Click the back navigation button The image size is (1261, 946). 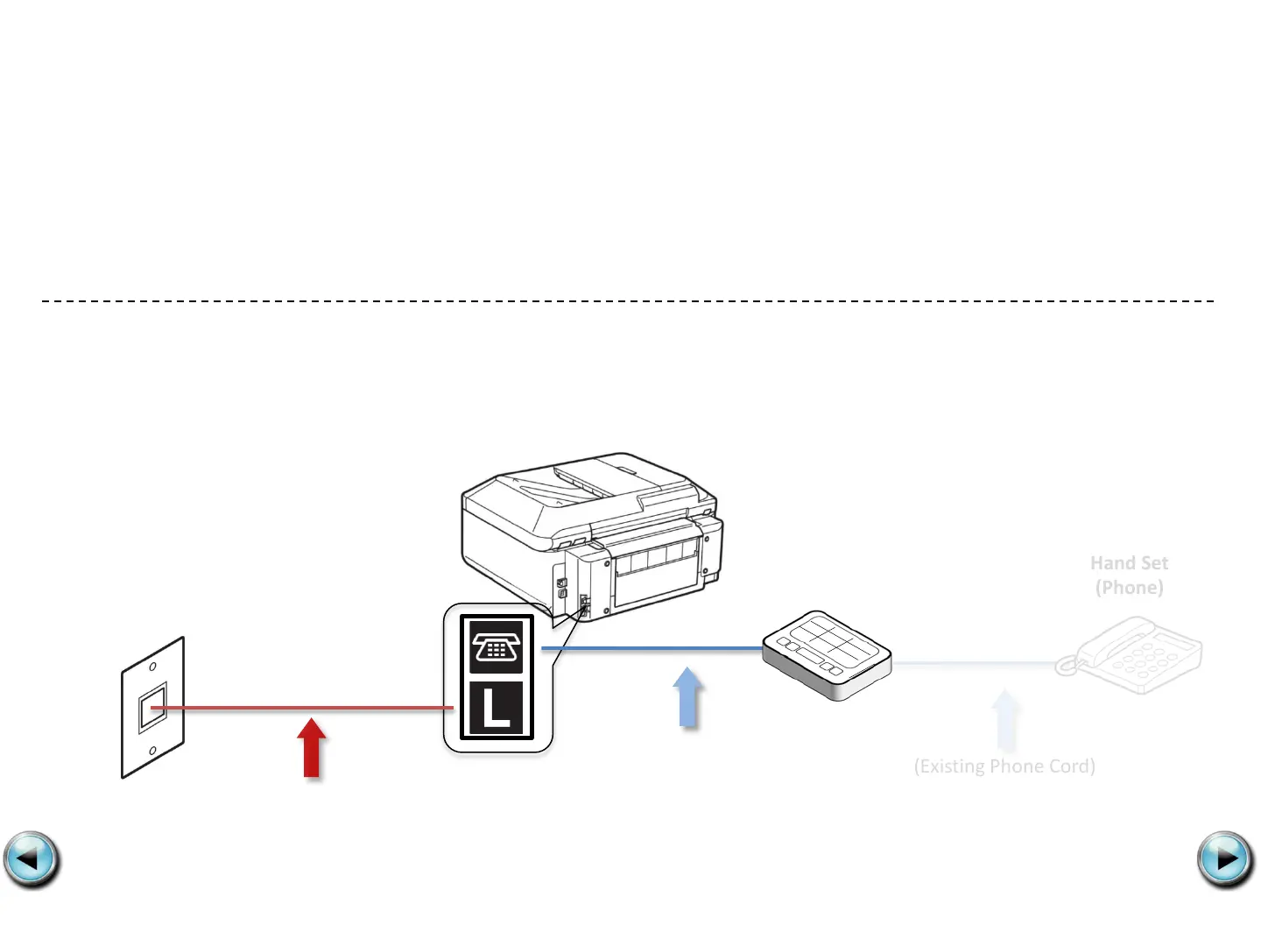point(32,859)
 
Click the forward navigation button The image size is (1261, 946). point(1225,859)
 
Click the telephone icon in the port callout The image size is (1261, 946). point(497,647)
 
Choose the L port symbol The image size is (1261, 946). point(497,708)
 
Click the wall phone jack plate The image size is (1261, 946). point(153,708)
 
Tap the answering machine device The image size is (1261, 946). point(826,654)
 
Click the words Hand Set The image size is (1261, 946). point(1129,563)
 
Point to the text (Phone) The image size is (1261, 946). point(1129,588)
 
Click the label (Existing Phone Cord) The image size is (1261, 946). point(1004,766)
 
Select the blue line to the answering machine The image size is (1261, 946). point(652,649)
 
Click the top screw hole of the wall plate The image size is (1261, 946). point(152,667)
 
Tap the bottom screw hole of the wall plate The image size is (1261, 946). point(153,751)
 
